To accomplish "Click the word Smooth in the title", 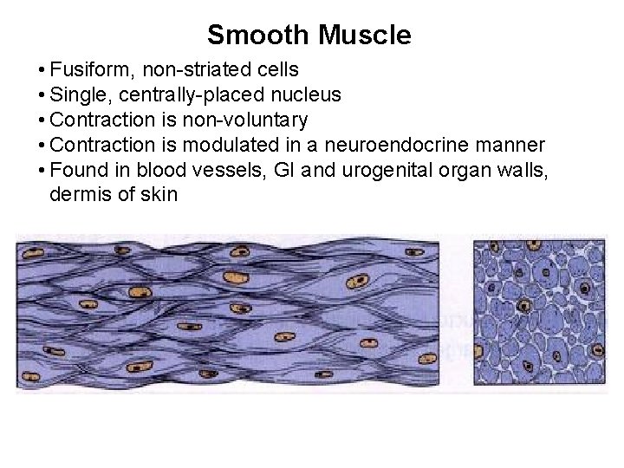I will coord(258,36).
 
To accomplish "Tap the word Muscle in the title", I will coord(364,36).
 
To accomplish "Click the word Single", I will coord(78,94).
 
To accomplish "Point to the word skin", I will coord(159,194).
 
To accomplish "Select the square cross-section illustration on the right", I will coord(539,312).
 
